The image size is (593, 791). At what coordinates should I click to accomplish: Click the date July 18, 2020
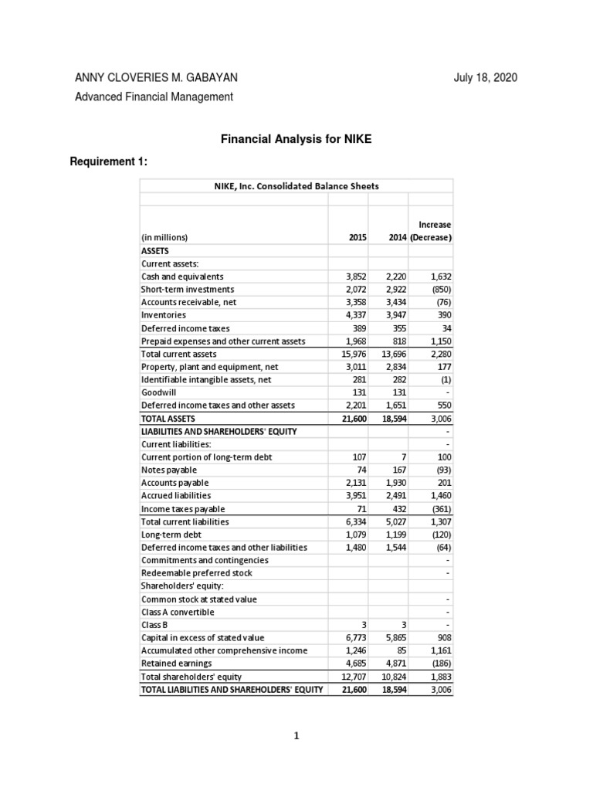[x=485, y=77]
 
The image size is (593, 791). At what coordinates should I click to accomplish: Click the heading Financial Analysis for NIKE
[x=296, y=140]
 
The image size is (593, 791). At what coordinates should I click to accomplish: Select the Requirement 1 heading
[x=108, y=161]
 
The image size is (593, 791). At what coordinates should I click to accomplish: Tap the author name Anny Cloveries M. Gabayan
[x=156, y=77]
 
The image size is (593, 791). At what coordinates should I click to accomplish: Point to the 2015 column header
[x=357, y=237]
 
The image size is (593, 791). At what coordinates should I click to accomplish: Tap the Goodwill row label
[x=158, y=392]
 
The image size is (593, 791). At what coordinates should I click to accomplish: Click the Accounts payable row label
[x=169, y=483]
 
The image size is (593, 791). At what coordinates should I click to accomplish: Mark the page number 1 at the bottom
[x=296, y=736]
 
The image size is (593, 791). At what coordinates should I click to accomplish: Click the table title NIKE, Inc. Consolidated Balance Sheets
[x=296, y=186]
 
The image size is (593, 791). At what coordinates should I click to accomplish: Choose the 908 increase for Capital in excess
[x=442, y=638]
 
